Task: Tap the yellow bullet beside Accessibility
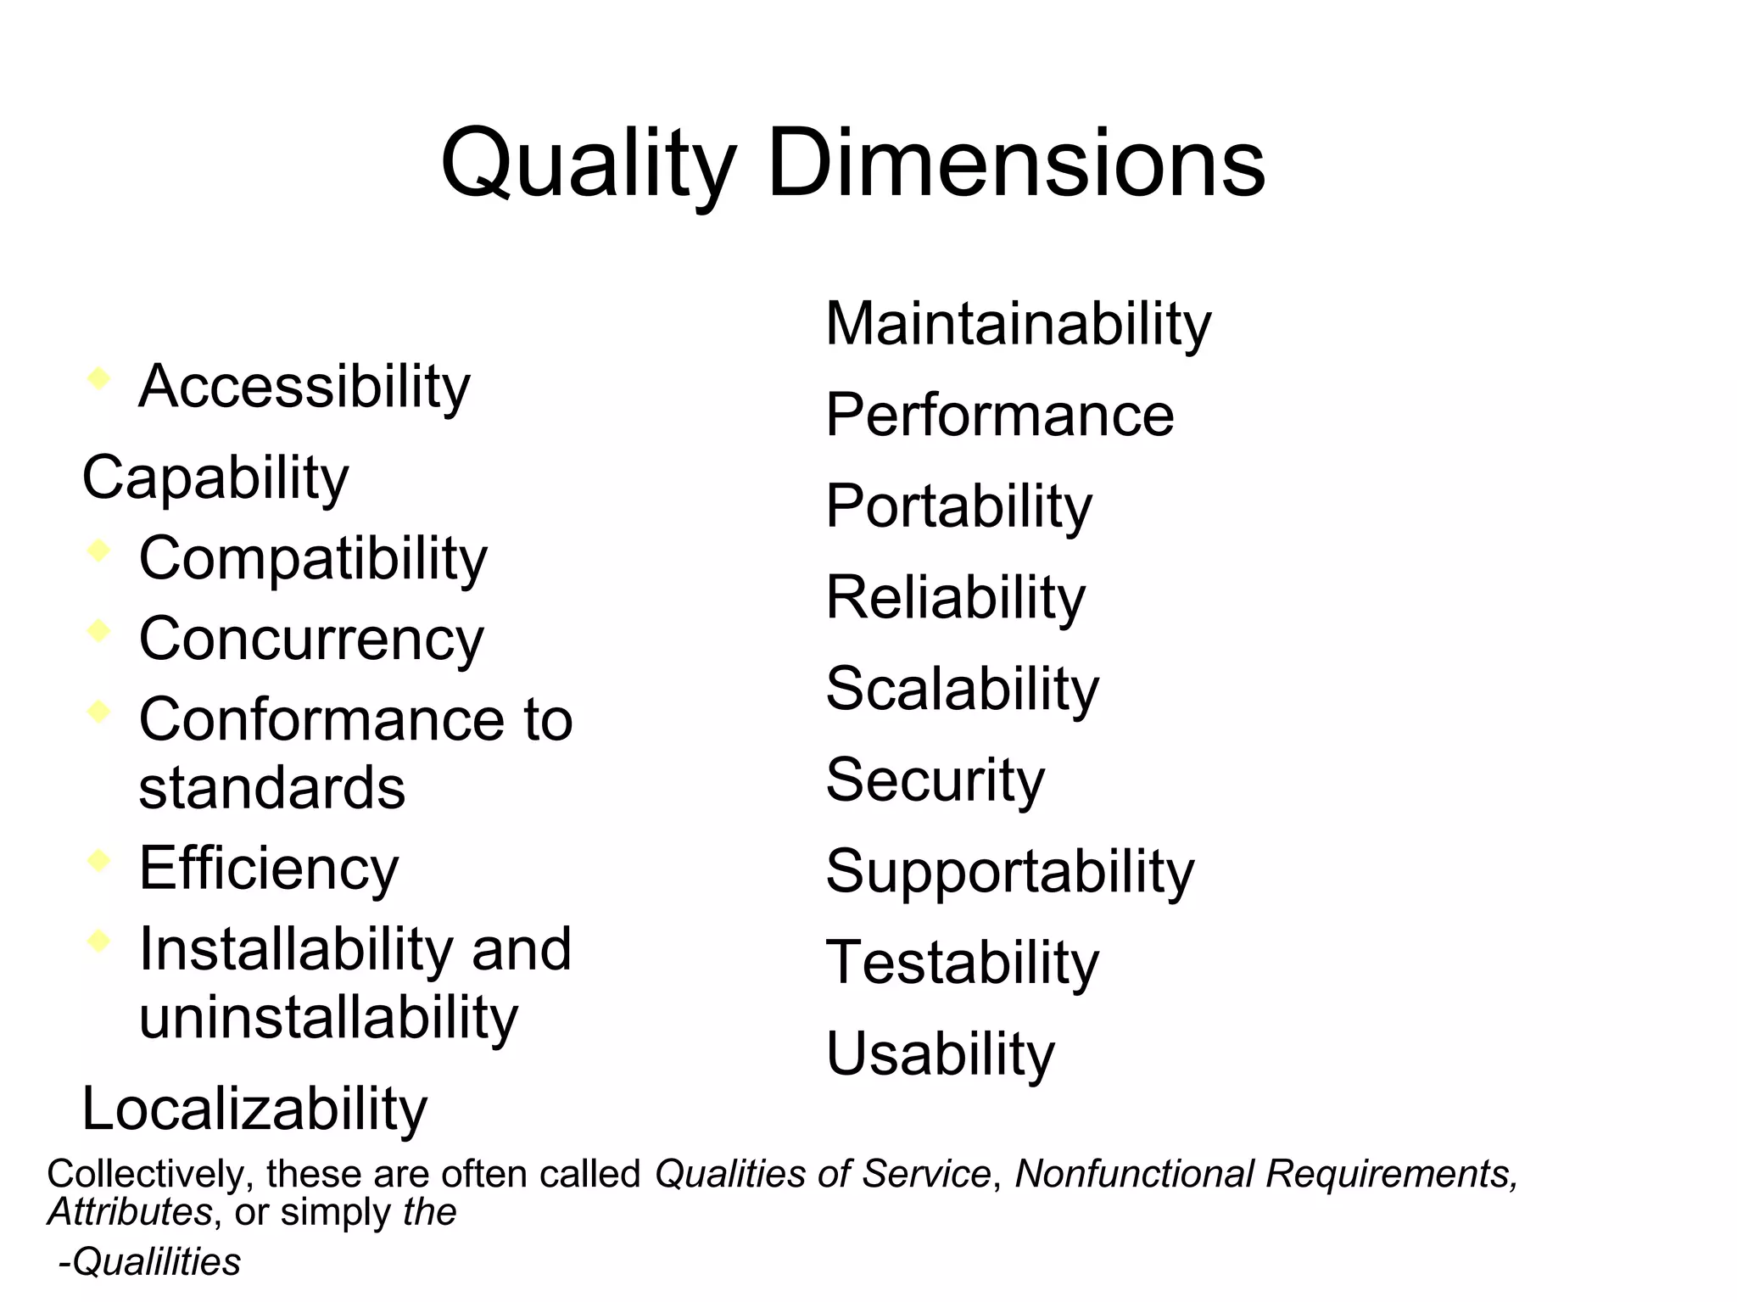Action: (x=98, y=377)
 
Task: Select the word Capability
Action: (x=215, y=478)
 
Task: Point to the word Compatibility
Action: (x=313, y=559)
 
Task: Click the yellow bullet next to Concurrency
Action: (x=98, y=630)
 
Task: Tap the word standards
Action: (x=271, y=788)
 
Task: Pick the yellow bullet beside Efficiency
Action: (x=98, y=860)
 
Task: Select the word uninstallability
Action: (x=328, y=1017)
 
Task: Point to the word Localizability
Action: (x=254, y=1109)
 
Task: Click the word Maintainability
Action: (x=1018, y=324)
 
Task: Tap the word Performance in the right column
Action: (x=1000, y=415)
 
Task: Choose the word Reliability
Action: (x=955, y=598)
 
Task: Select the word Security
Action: (x=935, y=780)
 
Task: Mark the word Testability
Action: (x=962, y=963)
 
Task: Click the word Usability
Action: (x=940, y=1054)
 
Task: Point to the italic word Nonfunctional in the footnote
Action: (x=1134, y=1174)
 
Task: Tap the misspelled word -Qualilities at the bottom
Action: (x=149, y=1262)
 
